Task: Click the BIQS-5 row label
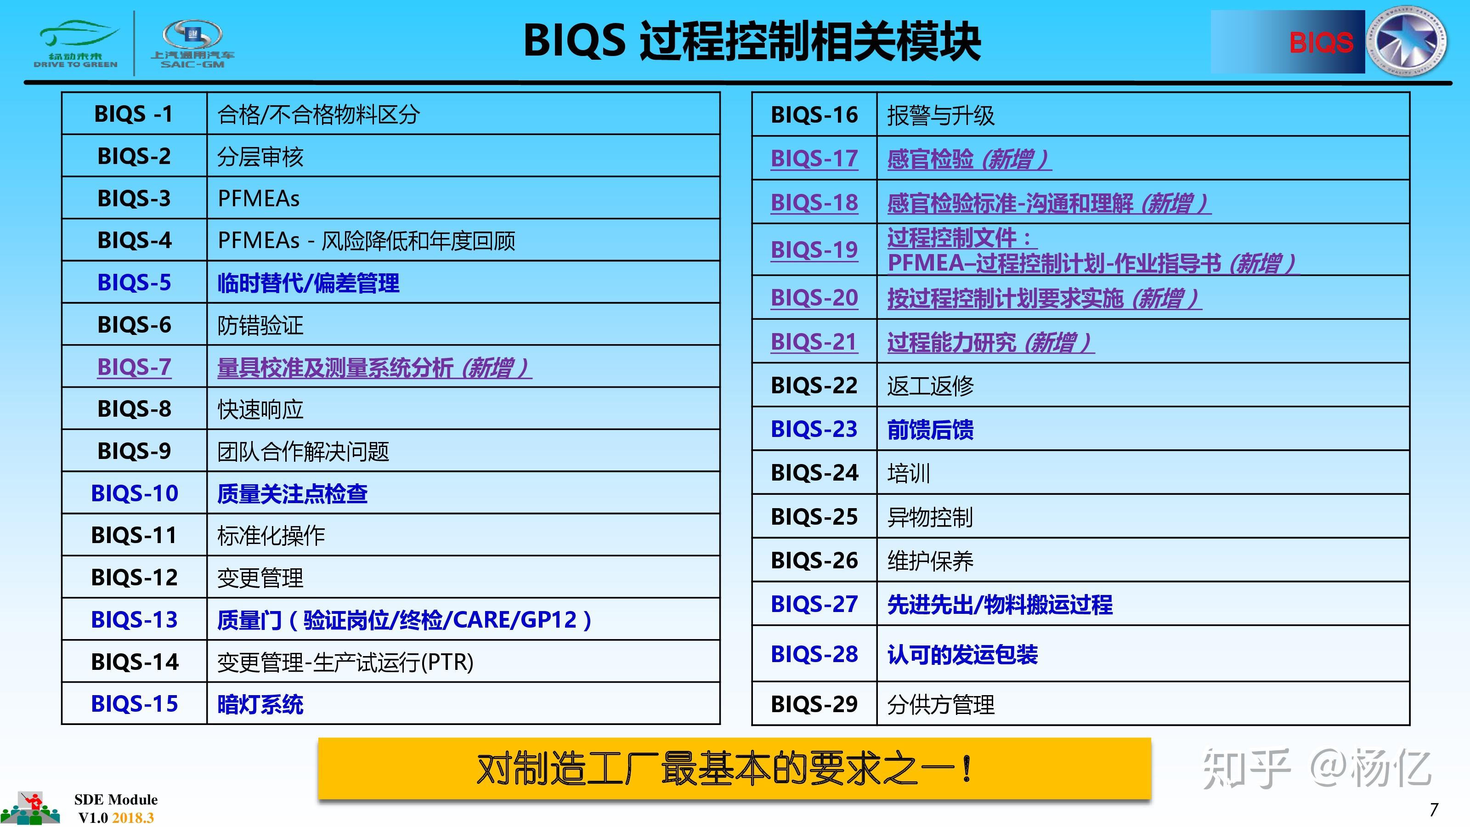click(x=134, y=283)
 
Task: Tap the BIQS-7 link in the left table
click(x=134, y=367)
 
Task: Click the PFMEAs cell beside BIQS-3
click(x=259, y=198)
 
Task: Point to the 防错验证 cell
click(x=260, y=325)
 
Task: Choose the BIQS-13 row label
click(x=134, y=620)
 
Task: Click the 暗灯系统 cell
click(x=260, y=704)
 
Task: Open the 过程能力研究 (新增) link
click(x=990, y=342)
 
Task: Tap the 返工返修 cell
click(x=930, y=386)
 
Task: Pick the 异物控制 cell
click(x=930, y=517)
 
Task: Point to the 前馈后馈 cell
click(x=930, y=430)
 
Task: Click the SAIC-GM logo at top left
click(x=192, y=43)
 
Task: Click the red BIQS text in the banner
click(x=1321, y=43)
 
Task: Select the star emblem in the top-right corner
click(x=1407, y=41)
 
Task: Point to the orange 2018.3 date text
click(x=133, y=818)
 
